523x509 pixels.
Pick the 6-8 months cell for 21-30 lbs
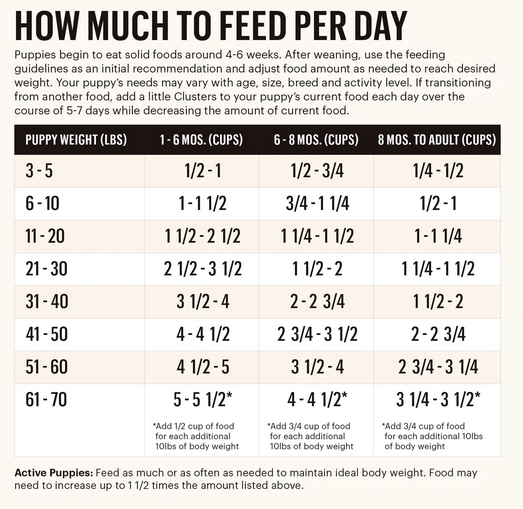(x=315, y=270)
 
